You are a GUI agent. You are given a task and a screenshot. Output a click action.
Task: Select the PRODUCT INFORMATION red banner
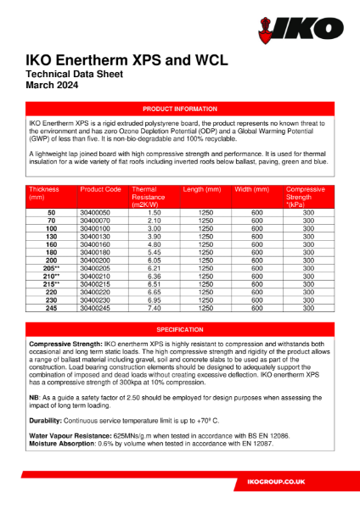(x=179, y=110)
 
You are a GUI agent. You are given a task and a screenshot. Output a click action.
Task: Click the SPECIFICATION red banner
(x=179, y=328)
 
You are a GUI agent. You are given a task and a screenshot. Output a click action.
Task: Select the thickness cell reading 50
(x=52, y=212)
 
